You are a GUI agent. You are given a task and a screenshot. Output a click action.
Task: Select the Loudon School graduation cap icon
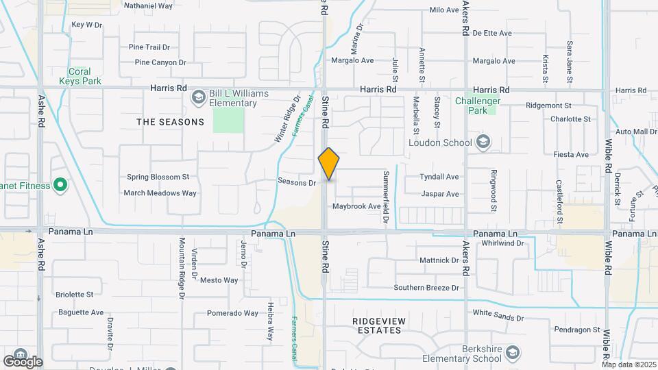(x=483, y=142)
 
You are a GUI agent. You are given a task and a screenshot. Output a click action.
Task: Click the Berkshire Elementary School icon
(x=512, y=354)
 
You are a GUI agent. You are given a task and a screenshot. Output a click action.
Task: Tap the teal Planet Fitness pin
(x=60, y=185)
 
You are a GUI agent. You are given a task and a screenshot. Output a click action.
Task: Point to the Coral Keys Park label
(x=84, y=76)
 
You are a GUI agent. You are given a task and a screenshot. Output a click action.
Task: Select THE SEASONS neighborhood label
(x=170, y=122)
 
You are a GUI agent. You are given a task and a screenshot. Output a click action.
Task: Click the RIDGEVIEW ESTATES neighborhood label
(x=378, y=325)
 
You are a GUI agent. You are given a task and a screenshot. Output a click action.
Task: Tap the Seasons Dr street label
(x=297, y=182)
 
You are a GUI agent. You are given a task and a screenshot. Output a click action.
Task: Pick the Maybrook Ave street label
(x=356, y=206)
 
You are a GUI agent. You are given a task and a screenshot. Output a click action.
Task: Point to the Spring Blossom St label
(x=158, y=177)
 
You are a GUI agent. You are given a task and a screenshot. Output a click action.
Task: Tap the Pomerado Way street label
(x=233, y=313)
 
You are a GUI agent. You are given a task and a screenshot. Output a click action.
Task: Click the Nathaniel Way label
(x=148, y=5)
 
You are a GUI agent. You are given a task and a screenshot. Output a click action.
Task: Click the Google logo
(x=23, y=361)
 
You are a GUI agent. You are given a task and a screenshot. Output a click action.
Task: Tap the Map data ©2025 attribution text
(x=628, y=365)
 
